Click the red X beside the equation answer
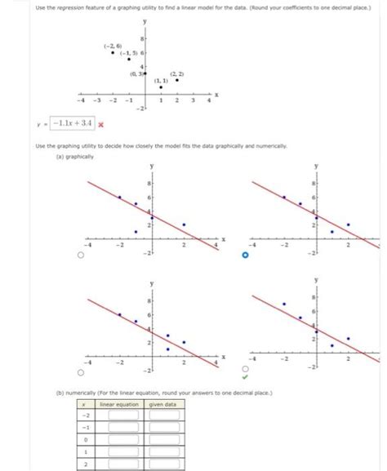[x=101, y=125]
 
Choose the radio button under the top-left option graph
[x=80, y=255]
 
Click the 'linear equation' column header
[x=118, y=404]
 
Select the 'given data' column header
[x=163, y=404]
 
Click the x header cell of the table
[x=85, y=404]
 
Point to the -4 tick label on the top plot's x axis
[x=80, y=100]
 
